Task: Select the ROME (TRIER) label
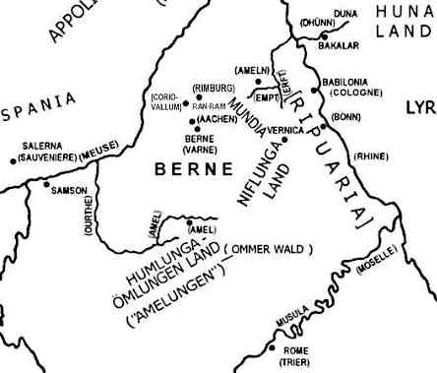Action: [295, 355]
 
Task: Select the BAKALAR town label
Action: [341, 45]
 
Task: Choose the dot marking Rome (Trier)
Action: [274, 347]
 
